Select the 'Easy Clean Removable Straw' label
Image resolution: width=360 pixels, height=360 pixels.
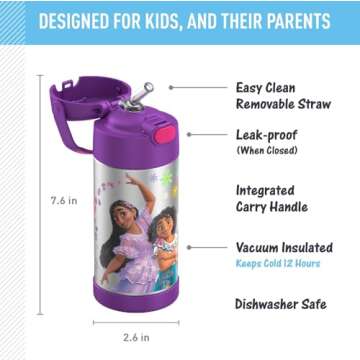coord(285,95)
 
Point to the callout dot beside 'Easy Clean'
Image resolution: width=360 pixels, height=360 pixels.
coord(171,87)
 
